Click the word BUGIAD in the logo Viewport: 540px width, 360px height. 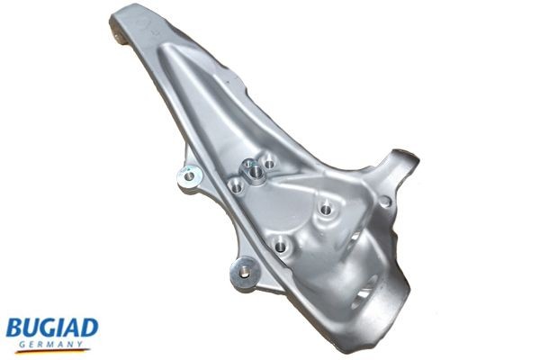click(51, 326)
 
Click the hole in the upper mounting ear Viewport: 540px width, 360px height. click(188, 175)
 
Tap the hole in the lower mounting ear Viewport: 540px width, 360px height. click(244, 268)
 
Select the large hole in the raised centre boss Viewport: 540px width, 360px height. click(256, 167)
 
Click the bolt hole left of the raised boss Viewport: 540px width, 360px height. click(236, 185)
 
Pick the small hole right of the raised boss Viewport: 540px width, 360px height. click(270, 165)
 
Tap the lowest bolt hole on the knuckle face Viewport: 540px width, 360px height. click(282, 244)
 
